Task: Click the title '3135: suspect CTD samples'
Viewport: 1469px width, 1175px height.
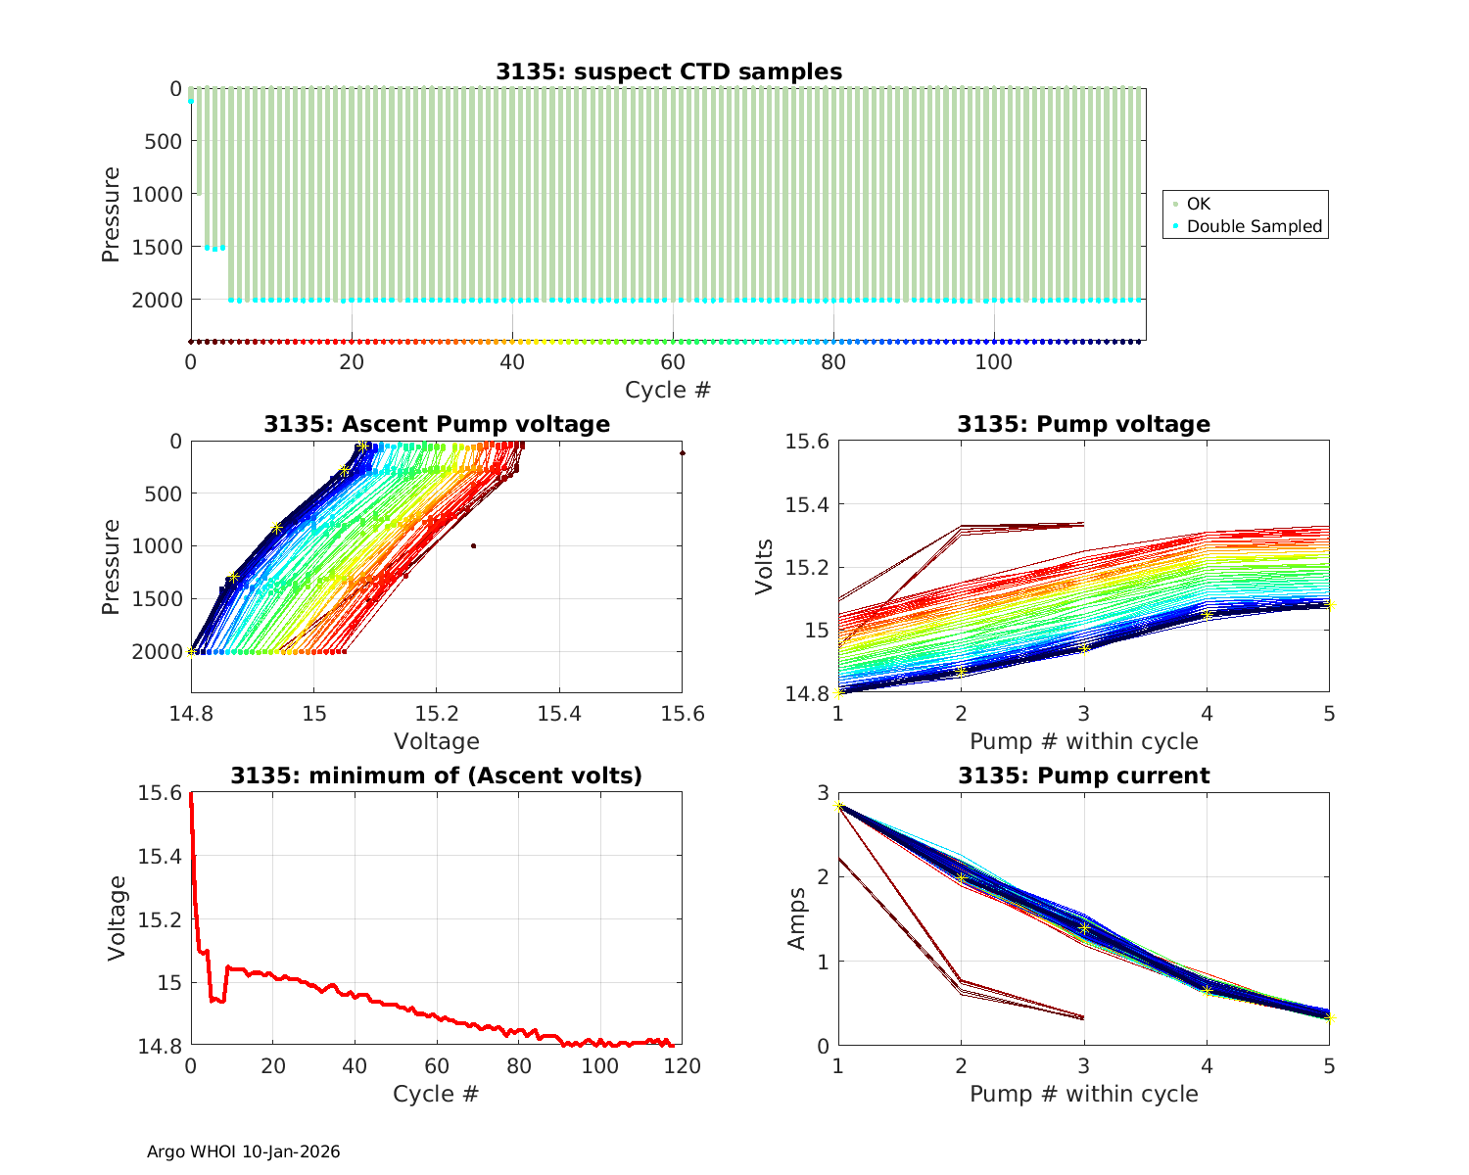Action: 668,71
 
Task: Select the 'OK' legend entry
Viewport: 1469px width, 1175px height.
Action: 1199,204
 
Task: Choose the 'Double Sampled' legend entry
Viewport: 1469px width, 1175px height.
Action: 1254,226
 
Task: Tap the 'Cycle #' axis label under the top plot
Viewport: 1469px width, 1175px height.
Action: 668,390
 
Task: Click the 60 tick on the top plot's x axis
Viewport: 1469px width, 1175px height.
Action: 672,360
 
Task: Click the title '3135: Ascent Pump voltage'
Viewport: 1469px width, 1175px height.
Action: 436,424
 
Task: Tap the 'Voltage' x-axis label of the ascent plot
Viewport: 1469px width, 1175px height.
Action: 436,741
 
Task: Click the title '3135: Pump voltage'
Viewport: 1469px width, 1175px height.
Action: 1083,424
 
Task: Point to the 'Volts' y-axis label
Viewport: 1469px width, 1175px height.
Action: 765,567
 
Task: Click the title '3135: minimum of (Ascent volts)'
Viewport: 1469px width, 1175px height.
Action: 436,776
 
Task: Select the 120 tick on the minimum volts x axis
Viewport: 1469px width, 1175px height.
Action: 683,1065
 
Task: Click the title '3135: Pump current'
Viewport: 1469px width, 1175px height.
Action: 1083,776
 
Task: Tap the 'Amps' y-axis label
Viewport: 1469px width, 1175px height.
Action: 798,918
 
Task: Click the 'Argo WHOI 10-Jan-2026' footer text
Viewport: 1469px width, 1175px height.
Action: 243,1152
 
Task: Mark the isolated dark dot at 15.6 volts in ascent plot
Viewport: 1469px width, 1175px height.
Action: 682,453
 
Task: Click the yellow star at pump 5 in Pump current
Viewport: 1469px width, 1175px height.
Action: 1329,1017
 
